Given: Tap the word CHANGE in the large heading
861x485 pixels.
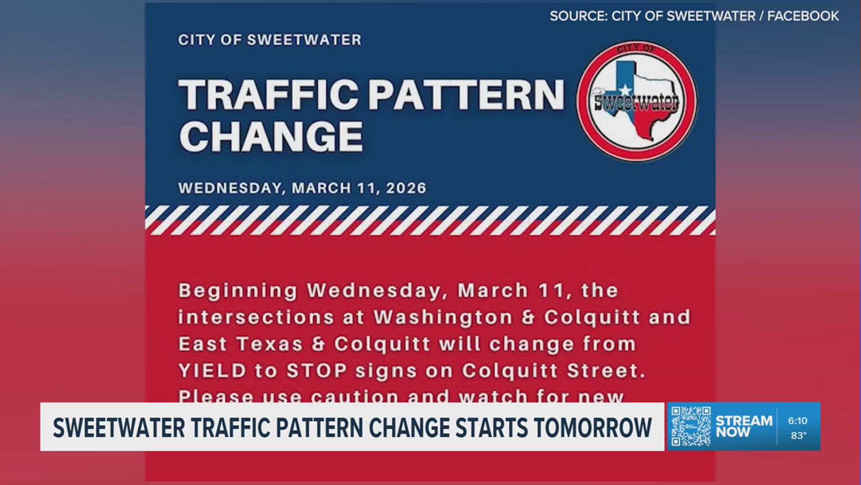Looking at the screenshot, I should [x=271, y=136].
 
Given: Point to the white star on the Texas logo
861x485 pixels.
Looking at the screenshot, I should [x=625, y=91].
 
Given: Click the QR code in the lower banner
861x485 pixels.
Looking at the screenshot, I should [x=691, y=426].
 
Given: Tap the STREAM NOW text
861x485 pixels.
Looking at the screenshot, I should [x=744, y=426].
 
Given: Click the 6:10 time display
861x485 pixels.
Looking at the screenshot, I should [x=797, y=421].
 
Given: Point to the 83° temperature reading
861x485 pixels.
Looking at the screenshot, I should [x=798, y=435].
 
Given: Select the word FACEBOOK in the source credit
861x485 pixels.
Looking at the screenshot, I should [x=803, y=16].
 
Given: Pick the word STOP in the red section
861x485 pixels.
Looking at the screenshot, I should [x=317, y=371].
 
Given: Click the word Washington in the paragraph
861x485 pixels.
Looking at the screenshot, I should [x=443, y=317].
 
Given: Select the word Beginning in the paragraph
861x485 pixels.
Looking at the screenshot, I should [x=238, y=291].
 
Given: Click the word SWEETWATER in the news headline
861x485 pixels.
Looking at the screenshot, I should [x=118, y=427].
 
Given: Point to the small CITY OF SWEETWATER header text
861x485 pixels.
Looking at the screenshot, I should [x=270, y=40].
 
